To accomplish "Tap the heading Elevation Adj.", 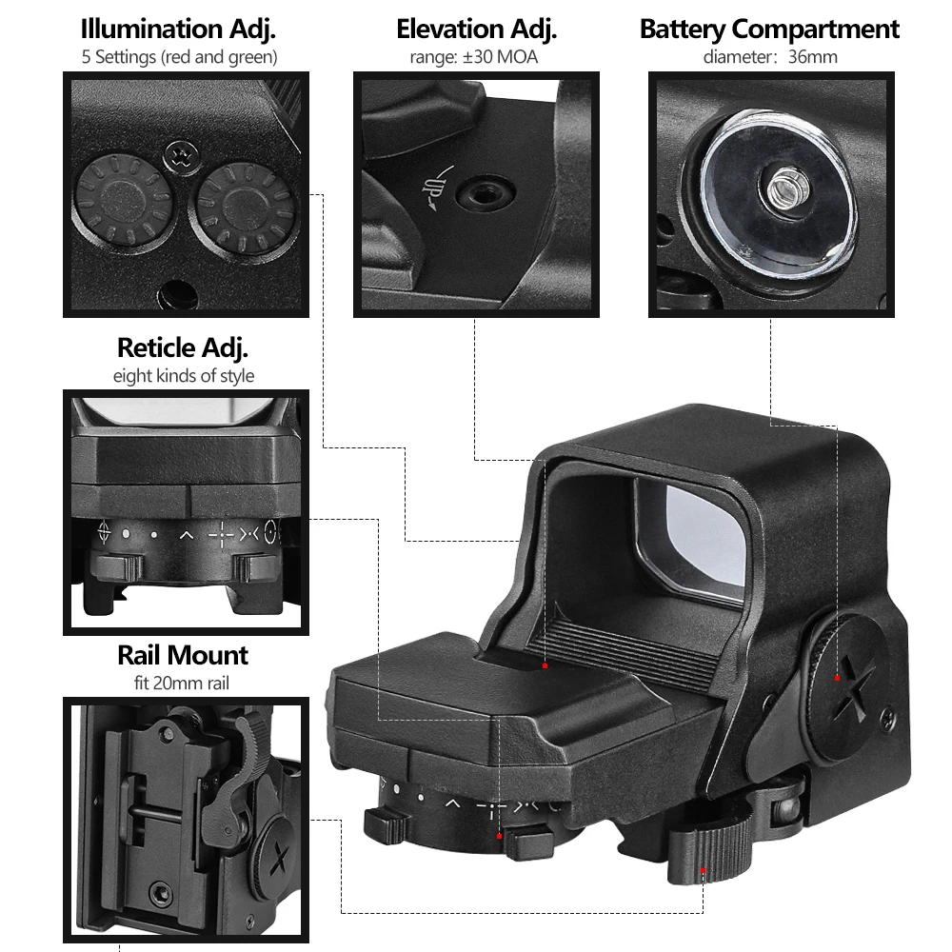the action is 476,28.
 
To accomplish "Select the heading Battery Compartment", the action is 770,28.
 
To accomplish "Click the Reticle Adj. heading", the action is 183,347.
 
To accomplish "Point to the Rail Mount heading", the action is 183,655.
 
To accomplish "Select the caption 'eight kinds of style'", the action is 183,375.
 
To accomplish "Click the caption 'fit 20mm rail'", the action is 183,683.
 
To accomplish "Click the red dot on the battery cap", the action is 837,678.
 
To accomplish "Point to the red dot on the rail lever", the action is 704,870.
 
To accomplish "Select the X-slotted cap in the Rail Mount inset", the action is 279,857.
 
